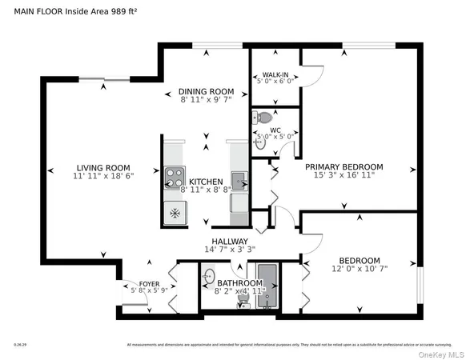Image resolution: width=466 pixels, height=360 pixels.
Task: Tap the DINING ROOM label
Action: coord(206,91)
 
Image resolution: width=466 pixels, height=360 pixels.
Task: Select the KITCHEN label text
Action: coord(206,182)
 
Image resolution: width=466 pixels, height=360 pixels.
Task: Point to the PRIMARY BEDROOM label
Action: coord(344,166)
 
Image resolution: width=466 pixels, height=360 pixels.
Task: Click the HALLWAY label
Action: coord(229,241)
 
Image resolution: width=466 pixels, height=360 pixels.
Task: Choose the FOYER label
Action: coord(150,284)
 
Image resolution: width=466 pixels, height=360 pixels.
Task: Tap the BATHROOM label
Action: coord(240,283)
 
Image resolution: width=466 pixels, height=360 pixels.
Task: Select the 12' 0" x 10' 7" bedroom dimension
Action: coord(358,270)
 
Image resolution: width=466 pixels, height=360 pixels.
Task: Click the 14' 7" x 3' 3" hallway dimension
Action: coord(229,250)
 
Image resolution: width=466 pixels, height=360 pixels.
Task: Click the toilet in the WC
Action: coord(265,118)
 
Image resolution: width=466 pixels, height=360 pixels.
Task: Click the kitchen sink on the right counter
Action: coord(239,177)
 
